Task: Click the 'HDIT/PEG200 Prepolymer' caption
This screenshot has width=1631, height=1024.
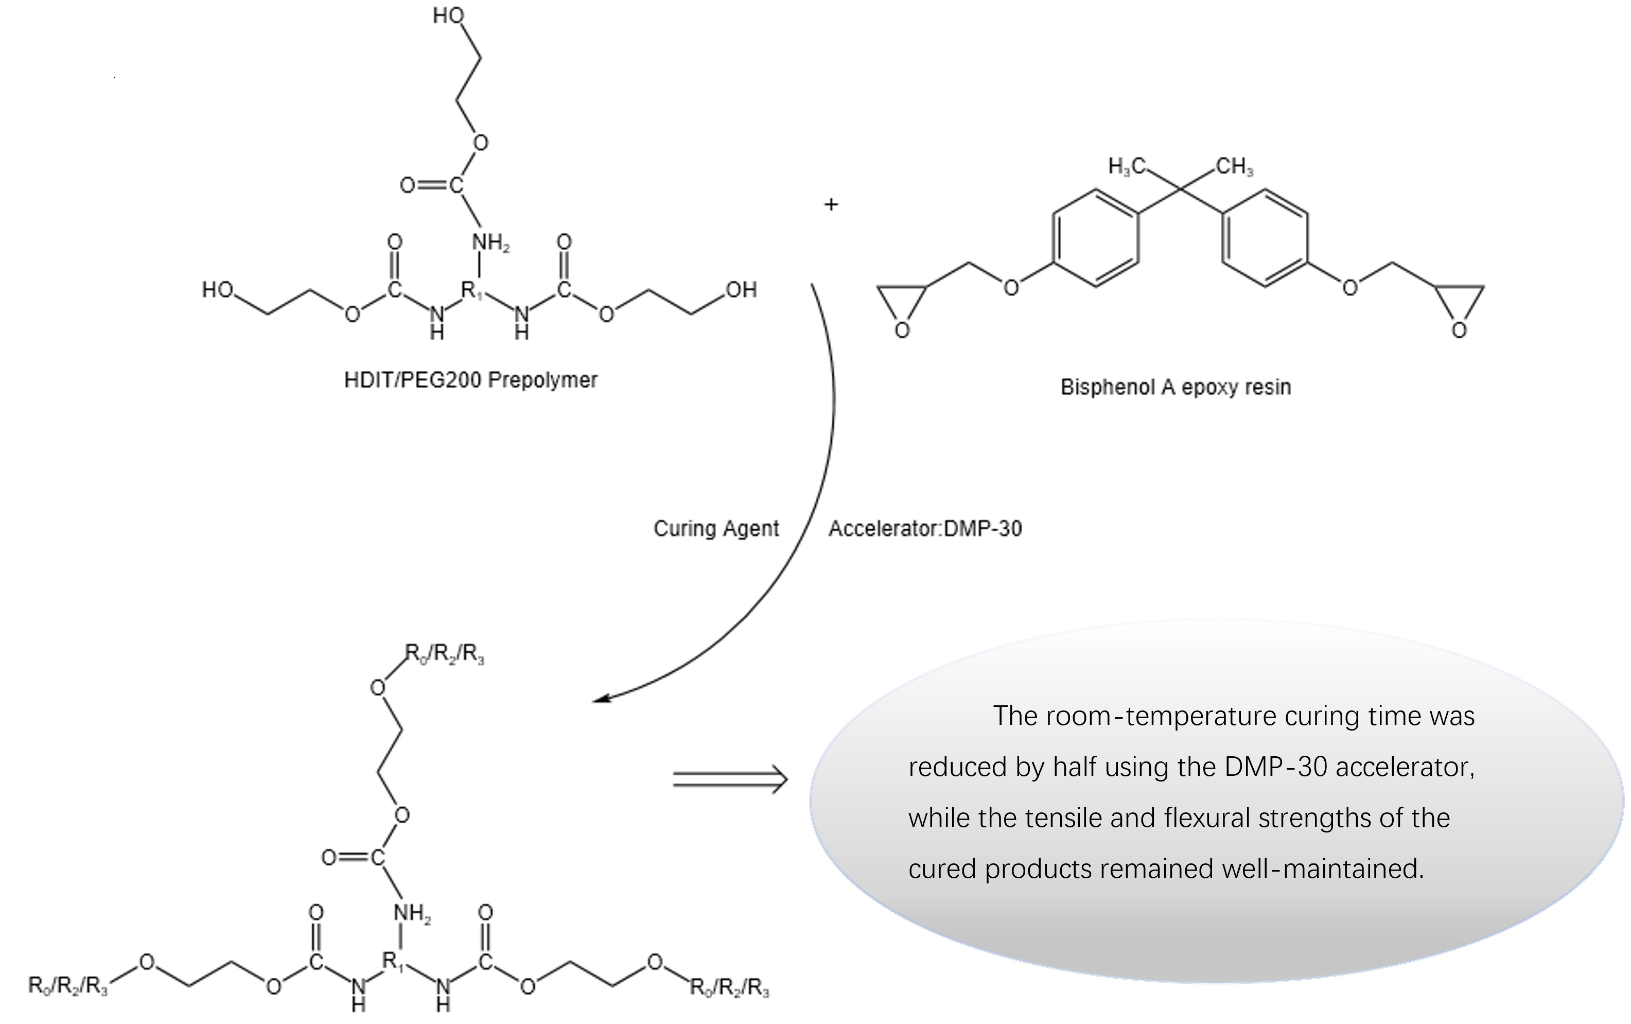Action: (x=470, y=380)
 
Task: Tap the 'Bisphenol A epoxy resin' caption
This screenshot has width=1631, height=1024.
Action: (x=1176, y=387)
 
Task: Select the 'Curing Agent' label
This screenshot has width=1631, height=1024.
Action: (x=715, y=528)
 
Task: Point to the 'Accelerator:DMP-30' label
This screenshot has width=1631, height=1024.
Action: (x=925, y=528)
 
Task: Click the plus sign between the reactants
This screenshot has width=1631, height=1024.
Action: (x=831, y=204)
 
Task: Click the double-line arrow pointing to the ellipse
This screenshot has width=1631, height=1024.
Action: (x=730, y=779)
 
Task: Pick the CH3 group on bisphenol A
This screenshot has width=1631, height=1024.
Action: (x=1234, y=167)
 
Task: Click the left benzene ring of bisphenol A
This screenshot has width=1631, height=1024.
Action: (x=1095, y=238)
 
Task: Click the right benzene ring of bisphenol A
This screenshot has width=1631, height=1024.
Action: (x=1265, y=238)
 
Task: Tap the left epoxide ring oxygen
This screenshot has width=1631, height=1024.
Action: (x=902, y=331)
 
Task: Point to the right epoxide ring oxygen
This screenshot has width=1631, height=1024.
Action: (x=1459, y=331)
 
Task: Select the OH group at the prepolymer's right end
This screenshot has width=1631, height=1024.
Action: (x=741, y=290)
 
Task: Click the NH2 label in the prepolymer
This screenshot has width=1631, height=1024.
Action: (x=490, y=242)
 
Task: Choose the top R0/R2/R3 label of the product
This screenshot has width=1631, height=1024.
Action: (x=444, y=654)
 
